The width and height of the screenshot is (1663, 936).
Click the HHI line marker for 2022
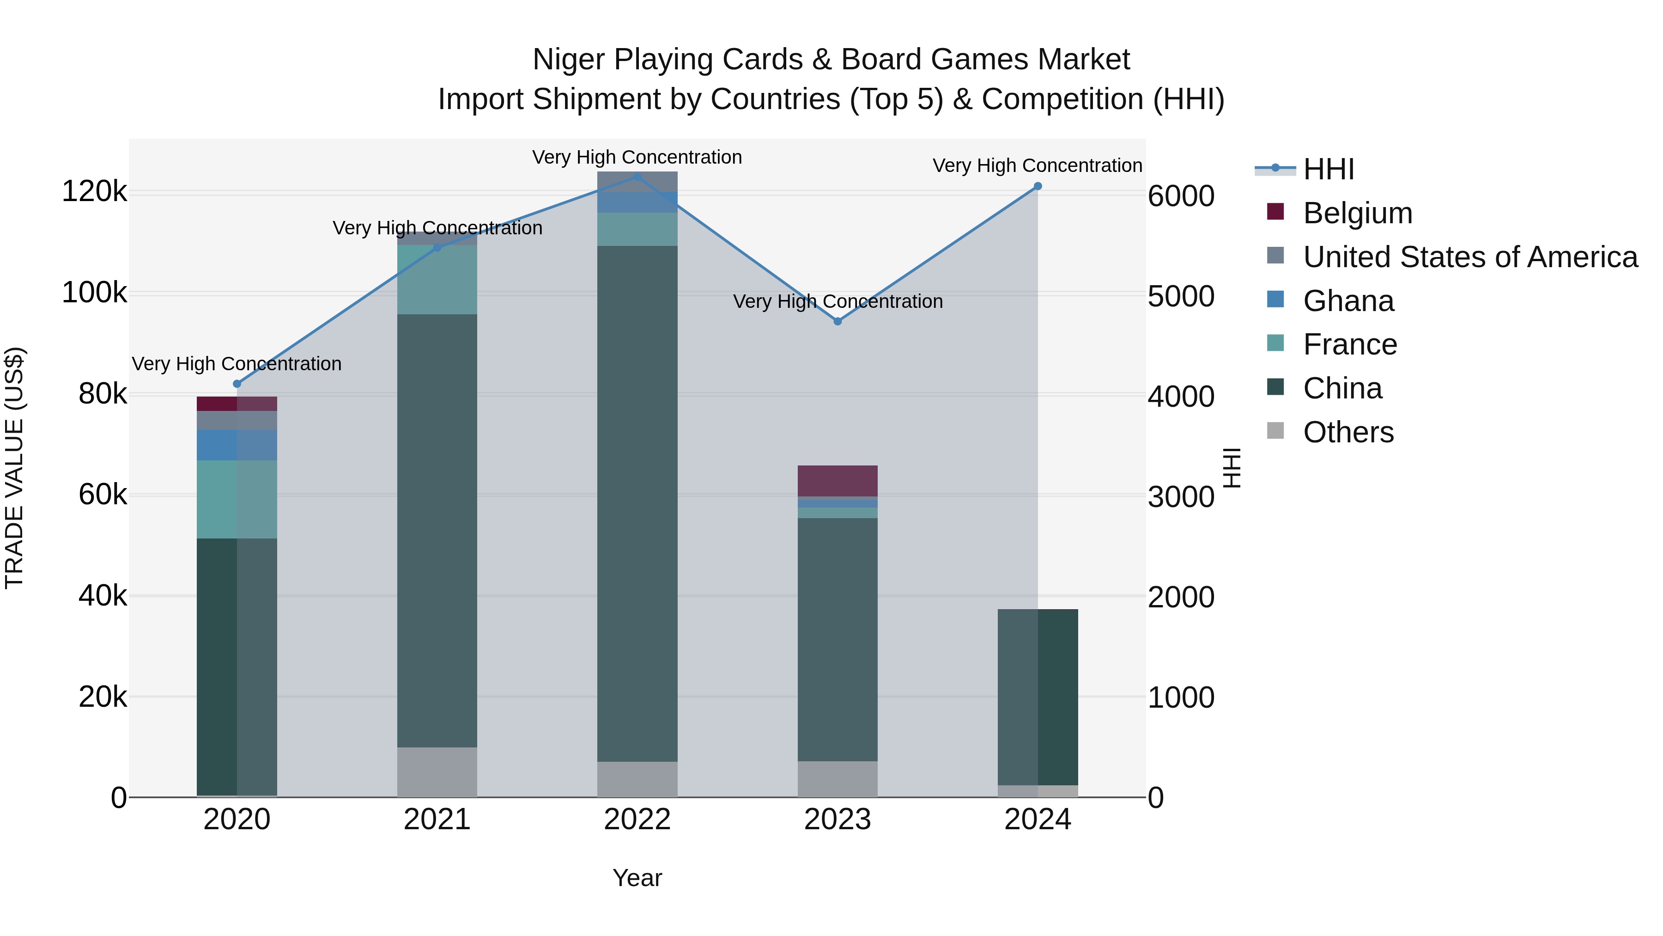[x=637, y=177]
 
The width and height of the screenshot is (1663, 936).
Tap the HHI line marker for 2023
[x=838, y=321]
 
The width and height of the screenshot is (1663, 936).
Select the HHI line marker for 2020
[x=237, y=384]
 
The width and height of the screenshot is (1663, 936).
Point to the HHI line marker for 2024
[x=1038, y=186]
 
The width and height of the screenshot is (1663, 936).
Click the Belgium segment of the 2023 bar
[x=838, y=481]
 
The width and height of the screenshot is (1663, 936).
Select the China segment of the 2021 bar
[x=437, y=530]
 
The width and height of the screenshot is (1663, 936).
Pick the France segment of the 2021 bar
[x=437, y=279]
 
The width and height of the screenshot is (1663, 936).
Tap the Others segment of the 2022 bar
[x=637, y=779]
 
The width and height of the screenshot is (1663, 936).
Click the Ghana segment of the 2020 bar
[x=237, y=445]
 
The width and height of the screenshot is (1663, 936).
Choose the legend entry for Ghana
[x=1348, y=301]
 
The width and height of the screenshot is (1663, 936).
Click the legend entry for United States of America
[x=1469, y=257]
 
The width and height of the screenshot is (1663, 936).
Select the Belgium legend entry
[x=1357, y=213]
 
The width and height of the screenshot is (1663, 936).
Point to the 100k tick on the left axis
[x=94, y=293]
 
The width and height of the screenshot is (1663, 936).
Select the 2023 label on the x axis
[x=838, y=820]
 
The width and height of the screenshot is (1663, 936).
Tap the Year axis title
[x=637, y=878]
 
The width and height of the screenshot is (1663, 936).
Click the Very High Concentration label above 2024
[x=1037, y=165]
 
